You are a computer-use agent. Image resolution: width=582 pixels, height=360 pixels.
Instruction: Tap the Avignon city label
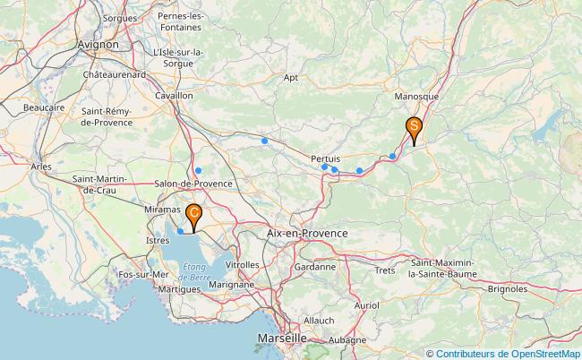click(x=98, y=43)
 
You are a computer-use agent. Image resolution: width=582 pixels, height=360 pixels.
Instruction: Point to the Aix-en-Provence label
click(x=307, y=233)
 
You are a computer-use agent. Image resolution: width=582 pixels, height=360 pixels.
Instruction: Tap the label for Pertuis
click(x=325, y=158)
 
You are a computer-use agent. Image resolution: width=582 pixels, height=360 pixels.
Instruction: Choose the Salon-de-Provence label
click(x=193, y=184)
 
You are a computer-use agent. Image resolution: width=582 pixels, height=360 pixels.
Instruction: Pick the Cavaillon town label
click(x=174, y=94)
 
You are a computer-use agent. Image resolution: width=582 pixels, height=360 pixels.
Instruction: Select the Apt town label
click(x=290, y=78)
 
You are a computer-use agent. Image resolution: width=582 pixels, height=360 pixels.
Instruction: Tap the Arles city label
click(x=41, y=167)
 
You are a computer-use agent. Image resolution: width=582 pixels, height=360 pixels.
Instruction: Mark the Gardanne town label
click(x=314, y=266)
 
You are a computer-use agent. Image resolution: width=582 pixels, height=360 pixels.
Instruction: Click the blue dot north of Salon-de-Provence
click(x=198, y=170)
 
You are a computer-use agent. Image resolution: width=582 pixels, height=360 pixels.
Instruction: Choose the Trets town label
click(x=385, y=270)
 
